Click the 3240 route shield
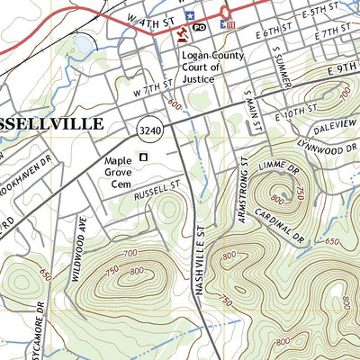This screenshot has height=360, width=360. click(149, 131)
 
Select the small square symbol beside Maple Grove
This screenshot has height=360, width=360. click(142, 157)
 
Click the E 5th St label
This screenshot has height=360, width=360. click(321, 12)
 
